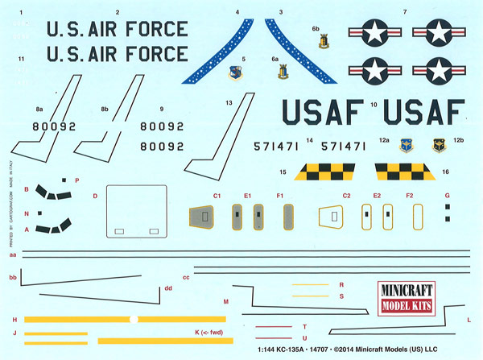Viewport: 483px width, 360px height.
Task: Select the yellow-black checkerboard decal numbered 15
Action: [323, 172]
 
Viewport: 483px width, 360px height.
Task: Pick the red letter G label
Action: [448, 196]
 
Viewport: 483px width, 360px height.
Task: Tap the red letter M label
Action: [225, 300]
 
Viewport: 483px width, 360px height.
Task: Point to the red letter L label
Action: [469, 320]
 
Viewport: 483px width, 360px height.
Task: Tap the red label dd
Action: [168, 288]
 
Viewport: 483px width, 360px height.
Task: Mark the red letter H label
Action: [14, 320]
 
